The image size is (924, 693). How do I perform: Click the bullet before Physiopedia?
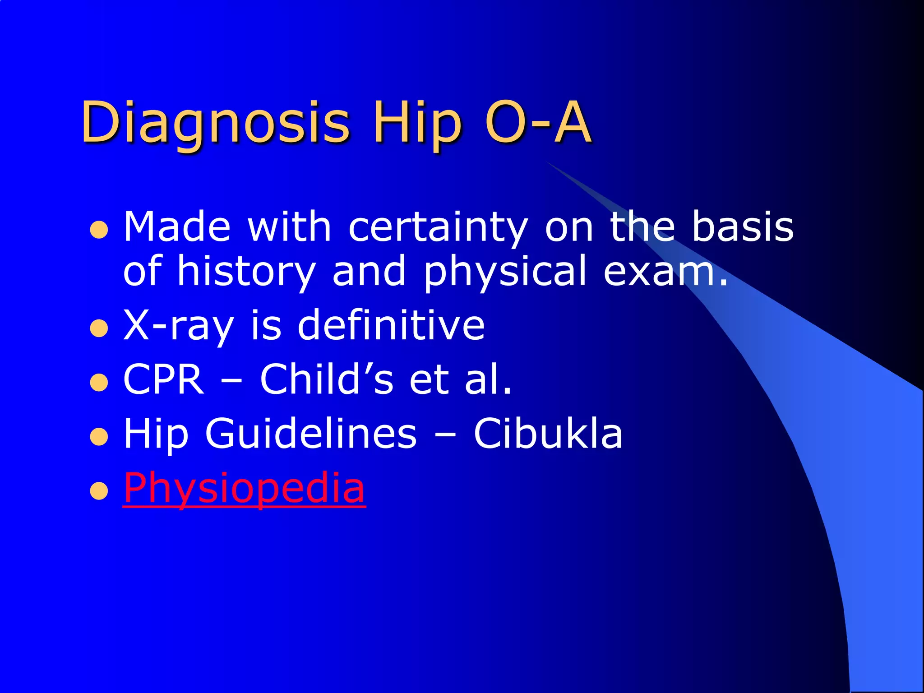(x=99, y=491)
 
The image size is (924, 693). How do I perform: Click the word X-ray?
(x=179, y=326)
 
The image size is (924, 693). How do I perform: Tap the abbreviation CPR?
(x=163, y=379)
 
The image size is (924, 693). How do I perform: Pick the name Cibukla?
(x=548, y=434)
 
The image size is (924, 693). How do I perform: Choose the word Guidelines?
(x=311, y=434)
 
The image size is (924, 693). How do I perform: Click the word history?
(x=246, y=272)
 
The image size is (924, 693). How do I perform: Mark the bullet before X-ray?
(x=99, y=329)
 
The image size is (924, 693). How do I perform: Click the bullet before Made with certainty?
(x=99, y=230)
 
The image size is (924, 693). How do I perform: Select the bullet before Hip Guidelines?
(x=99, y=437)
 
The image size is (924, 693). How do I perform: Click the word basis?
(x=743, y=227)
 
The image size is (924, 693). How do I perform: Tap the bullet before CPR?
(x=99, y=383)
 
